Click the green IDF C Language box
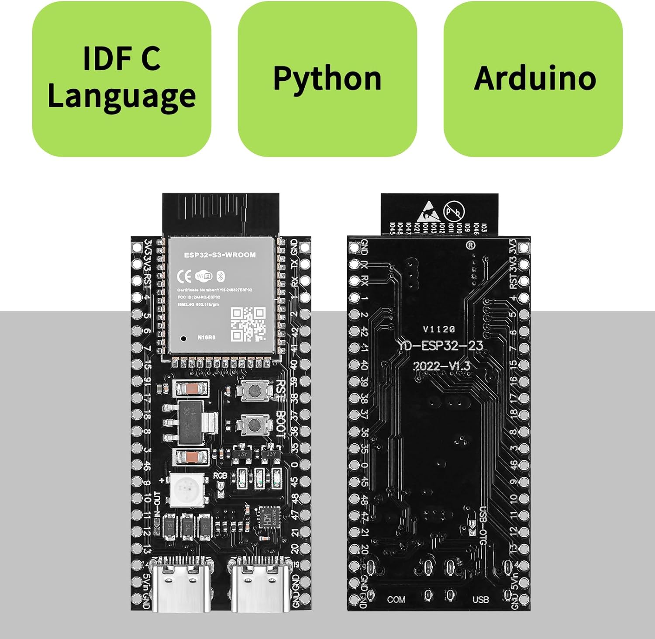[121, 79]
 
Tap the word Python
[327, 79]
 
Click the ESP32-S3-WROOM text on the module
[220, 255]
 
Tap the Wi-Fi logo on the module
[204, 276]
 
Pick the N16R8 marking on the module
[206, 337]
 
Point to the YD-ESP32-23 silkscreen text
[440, 346]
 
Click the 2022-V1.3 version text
[441, 366]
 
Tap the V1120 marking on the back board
[439, 329]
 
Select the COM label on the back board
[396, 599]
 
